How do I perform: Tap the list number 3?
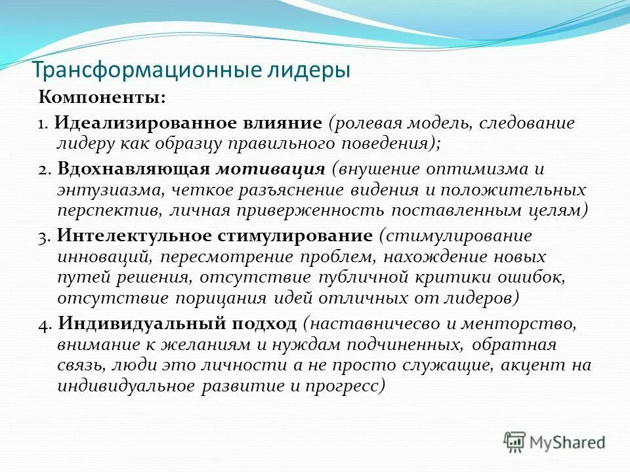[43, 236]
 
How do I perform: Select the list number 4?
[43, 324]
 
